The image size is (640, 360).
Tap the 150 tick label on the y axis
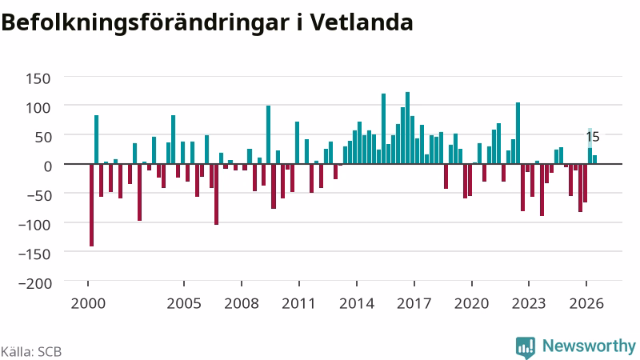tap(38, 78)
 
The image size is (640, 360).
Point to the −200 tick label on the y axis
tap(36, 283)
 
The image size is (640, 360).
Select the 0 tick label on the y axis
tap(48, 166)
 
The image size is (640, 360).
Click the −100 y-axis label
tap(36, 225)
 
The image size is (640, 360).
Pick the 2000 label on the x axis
tap(88, 303)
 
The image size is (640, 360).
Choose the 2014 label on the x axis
tap(357, 303)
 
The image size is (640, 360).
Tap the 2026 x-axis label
tap(586, 303)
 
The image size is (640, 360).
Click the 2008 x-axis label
tap(242, 303)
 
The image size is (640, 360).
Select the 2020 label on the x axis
tap(471, 303)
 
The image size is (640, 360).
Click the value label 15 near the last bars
tap(593, 137)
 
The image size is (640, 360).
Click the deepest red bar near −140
tap(91, 205)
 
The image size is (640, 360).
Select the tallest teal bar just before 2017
tap(407, 128)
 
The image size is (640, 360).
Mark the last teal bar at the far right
tap(594, 159)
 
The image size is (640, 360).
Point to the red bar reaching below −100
tap(216, 194)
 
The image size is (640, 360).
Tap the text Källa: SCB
tap(31, 351)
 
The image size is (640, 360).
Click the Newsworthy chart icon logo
tap(526, 347)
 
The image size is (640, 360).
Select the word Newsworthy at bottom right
tap(589, 346)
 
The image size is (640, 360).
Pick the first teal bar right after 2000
tap(96, 139)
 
